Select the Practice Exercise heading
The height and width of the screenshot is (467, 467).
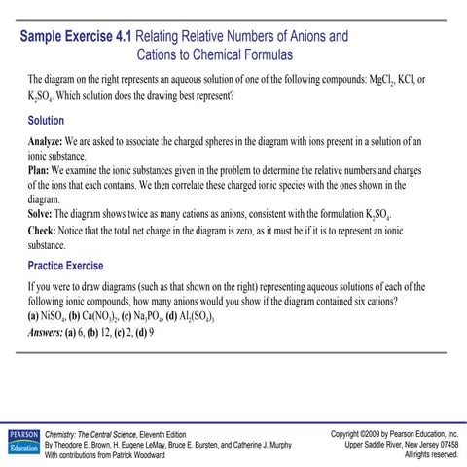pyautogui.click(x=65, y=266)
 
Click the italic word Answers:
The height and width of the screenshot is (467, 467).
pyautogui.click(x=53, y=331)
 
